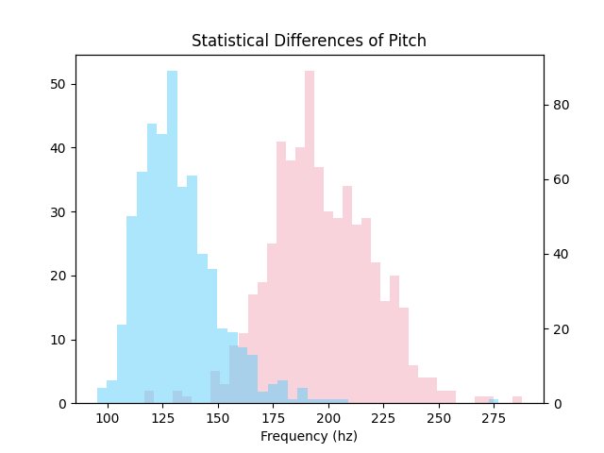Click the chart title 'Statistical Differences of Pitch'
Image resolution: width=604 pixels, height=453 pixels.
tap(309, 41)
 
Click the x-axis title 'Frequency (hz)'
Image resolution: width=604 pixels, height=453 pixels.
tap(309, 436)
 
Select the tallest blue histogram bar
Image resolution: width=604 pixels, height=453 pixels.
tap(172, 237)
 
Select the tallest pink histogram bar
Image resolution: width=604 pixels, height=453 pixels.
tap(310, 237)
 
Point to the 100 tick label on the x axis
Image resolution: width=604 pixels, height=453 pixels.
tap(108, 418)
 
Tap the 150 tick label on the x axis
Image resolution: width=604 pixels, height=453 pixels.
tap(218, 418)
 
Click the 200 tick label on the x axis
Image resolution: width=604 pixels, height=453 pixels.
tap(328, 418)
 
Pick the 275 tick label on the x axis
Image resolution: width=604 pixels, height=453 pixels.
tap(494, 418)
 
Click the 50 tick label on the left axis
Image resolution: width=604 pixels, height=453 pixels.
tap(58, 84)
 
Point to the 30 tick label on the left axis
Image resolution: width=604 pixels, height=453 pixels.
tap(58, 212)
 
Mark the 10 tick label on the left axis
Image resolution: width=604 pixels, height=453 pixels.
tap(58, 340)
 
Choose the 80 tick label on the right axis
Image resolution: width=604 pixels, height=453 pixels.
tap(562, 105)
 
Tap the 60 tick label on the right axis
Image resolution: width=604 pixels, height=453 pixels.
tap(562, 179)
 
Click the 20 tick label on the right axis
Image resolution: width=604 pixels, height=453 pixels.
tap(562, 329)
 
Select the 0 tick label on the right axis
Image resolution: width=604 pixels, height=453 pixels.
tap(558, 404)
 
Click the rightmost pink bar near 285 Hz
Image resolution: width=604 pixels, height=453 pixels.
tap(517, 400)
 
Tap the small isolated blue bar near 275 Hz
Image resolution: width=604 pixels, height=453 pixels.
tap(494, 401)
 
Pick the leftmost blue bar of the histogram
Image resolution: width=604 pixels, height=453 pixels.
tap(102, 396)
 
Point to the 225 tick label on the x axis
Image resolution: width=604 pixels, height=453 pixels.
tap(384, 418)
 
